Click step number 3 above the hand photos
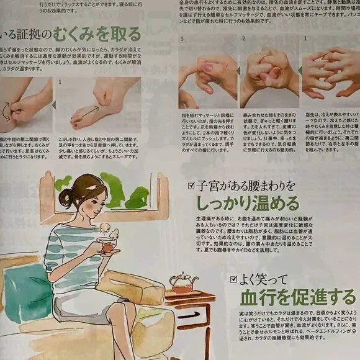point(181,38)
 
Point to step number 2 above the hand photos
point(243,38)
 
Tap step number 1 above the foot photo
point(59,81)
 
